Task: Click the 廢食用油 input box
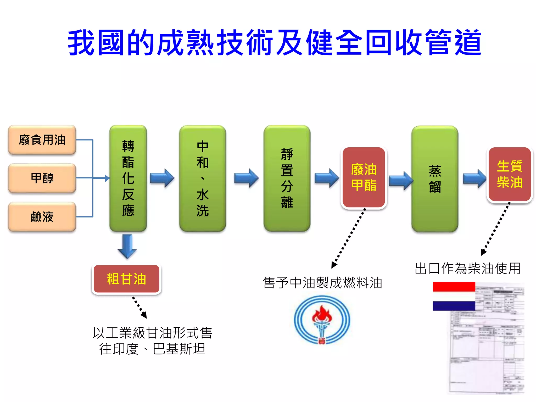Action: (x=42, y=140)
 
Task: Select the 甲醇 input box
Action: (x=42, y=178)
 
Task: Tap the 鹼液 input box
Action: (x=42, y=217)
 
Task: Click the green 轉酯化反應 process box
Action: (x=128, y=178)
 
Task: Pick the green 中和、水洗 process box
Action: (x=203, y=178)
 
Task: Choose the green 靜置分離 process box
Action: (x=287, y=178)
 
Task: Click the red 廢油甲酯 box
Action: (x=364, y=177)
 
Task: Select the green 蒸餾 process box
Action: (x=435, y=179)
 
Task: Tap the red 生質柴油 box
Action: (x=510, y=174)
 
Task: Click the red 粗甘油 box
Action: (x=126, y=279)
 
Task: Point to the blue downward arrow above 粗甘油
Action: (x=127, y=246)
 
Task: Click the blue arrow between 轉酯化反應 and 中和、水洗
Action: (x=162, y=178)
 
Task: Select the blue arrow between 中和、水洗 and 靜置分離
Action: (x=246, y=178)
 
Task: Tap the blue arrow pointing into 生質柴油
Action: (x=474, y=178)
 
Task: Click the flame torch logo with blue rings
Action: (x=322, y=320)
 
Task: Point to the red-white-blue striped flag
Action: (x=454, y=296)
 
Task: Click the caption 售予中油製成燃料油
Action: (x=322, y=283)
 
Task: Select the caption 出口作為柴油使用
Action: (x=468, y=269)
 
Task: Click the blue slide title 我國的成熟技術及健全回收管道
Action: (x=275, y=43)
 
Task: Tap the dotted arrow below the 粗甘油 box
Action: (x=139, y=307)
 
